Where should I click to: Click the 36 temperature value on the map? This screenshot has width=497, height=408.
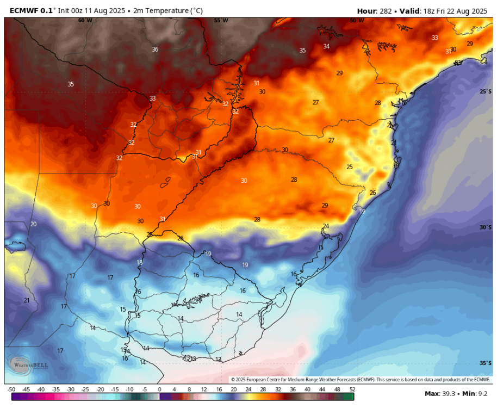(x=155, y=50)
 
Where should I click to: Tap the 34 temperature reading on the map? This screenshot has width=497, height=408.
(x=326, y=46)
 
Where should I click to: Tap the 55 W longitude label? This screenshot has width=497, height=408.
(x=221, y=20)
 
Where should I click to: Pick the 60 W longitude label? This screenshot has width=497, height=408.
(x=85, y=20)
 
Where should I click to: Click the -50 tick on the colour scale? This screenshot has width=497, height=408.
(x=11, y=390)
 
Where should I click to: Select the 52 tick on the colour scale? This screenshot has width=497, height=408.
(x=352, y=390)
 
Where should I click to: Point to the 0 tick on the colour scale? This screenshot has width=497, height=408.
(x=159, y=390)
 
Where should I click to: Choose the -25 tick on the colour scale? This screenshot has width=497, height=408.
(x=85, y=390)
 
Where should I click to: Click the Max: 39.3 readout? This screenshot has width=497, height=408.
(x=439, y=393)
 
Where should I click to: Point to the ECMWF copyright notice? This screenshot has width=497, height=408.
(x=360, y=379)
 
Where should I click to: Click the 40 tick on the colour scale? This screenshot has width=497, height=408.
(x=308, y=390)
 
